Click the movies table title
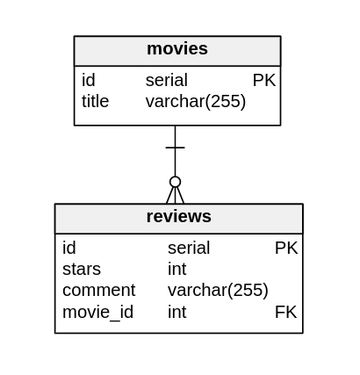176,49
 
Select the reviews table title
178,217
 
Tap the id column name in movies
88,81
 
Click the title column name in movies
95,102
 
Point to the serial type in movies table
166,81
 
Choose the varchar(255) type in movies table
195,102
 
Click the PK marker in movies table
263,81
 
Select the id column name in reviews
68,249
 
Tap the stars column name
81,270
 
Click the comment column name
98,291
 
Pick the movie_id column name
97,312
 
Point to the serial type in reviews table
188,249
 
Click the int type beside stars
176,270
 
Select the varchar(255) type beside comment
218,291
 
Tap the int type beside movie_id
176,312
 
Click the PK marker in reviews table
286,249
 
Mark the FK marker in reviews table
285,312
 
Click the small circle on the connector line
175,182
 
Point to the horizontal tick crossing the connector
175,148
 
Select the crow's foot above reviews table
175,196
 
